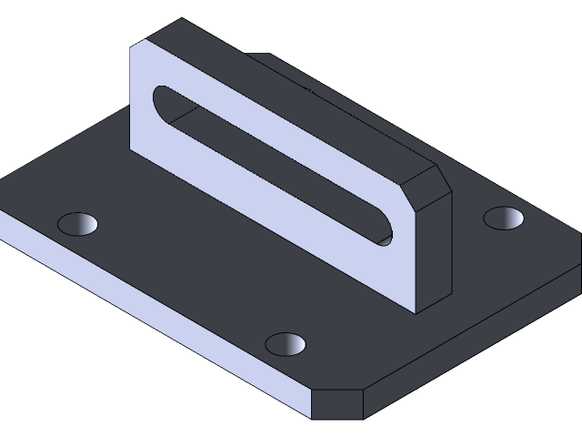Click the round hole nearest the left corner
tap(77, 223)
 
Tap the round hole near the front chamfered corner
tap(286, 343)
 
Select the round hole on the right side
tap(504, 218)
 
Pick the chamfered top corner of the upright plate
tap(426, 178)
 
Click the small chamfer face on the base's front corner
tap(337, 405)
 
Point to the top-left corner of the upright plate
tap(133, 45)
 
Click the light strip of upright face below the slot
tap(273, 209)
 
